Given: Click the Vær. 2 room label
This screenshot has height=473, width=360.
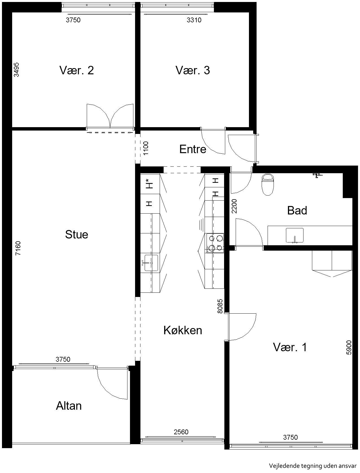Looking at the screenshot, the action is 77,70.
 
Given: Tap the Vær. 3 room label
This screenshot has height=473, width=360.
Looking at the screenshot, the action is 193,70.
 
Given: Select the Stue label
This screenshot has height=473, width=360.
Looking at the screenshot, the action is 77,235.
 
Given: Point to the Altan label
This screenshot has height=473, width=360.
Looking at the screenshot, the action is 69,406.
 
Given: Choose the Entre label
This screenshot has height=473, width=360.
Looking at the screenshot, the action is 193,149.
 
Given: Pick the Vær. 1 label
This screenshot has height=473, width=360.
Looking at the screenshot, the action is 290,347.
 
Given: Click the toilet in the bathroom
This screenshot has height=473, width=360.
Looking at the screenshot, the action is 268,185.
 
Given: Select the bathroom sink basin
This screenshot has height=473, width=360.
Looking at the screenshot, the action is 294,235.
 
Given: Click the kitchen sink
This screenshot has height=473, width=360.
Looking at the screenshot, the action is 151,263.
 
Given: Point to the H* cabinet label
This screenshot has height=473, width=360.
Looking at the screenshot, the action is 149,184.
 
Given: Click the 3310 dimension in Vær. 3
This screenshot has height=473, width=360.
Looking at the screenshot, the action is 194,20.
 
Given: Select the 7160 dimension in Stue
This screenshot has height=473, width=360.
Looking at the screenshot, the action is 18,248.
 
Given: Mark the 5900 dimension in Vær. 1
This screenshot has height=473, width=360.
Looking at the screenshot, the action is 349,348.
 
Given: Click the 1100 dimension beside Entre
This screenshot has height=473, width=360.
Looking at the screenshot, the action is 146,148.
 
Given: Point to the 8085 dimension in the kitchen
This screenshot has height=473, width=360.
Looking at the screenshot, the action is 220,306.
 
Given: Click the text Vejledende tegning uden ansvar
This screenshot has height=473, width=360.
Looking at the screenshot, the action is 313,466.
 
